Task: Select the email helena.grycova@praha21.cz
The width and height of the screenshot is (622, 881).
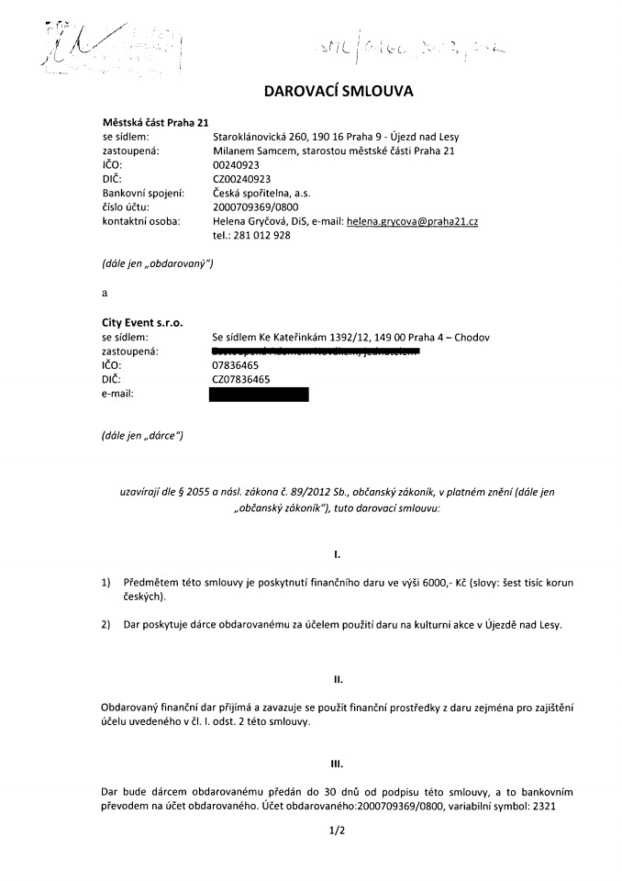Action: click(x=413, y=222)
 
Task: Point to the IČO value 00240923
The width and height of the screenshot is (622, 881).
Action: click(x=235, y=165)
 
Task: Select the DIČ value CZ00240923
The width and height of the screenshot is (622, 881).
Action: click(x=241, y=179)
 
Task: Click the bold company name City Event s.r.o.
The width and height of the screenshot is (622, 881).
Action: click(x=141, y=323)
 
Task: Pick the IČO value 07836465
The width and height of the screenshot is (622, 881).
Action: click(x=235, y=365)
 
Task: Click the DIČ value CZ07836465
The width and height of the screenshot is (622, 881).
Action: click(x=241, y=379)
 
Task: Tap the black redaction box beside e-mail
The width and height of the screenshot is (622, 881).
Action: click(x=259, y=395)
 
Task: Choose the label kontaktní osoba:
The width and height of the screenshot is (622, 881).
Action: click(x=139, y=222)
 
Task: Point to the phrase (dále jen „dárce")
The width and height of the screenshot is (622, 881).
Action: click(x=142, y=436)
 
